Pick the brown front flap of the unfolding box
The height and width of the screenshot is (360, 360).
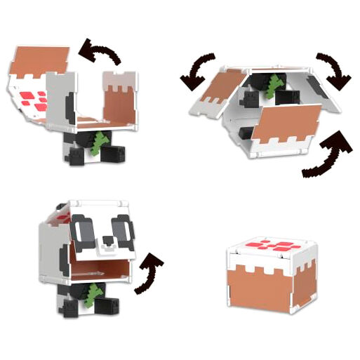[x=287, y=125]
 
